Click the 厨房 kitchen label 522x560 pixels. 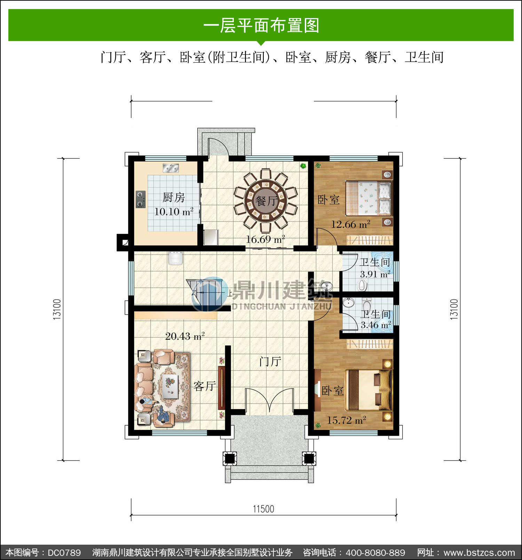(174, 197)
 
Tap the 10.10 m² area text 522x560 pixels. (174, 211)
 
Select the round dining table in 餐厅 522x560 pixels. (266, 201)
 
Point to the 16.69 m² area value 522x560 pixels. (266, 239)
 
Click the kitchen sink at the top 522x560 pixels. (171, 168)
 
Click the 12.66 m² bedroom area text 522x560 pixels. (350, 224)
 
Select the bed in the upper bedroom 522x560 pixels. (369, 198)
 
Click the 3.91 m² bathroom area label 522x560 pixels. (375, 274)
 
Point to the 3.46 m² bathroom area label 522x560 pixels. (376, 325)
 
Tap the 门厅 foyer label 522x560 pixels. (270, 361)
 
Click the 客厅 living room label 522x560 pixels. (205, 386)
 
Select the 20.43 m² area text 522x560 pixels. (185, 336)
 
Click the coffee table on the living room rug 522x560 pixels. (170, 386)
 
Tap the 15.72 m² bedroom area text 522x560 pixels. (346, 420)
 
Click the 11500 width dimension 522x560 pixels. (263, 509)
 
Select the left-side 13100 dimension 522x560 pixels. (57, 309)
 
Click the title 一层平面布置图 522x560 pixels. (261, 25)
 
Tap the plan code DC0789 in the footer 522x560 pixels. (64, 553)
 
